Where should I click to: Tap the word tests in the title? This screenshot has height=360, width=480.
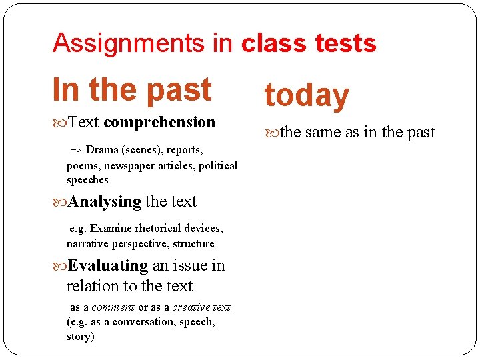click(345, 43)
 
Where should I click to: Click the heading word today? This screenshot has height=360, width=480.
click(307, 95)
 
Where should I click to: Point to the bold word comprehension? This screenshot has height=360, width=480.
click(159, 122)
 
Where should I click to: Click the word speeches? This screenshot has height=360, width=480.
click(87, 180)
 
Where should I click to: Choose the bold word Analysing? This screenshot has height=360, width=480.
click(105, 201)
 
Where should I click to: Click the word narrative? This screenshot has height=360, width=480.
click(89, 244)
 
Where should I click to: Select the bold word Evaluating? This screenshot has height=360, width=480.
click(108, 265)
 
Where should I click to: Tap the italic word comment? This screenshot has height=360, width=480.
click(113, 307)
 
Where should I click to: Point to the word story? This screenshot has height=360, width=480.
click(79, 337)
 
